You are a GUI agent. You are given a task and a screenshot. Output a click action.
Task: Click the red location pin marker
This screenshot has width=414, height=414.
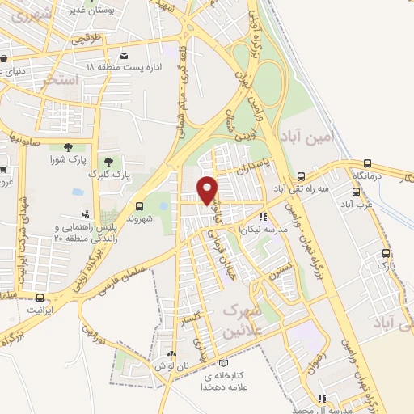208,189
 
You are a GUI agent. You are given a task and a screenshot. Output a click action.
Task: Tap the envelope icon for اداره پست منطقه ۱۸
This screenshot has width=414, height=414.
124,56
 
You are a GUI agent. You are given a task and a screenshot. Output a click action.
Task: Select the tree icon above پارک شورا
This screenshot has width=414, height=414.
66,146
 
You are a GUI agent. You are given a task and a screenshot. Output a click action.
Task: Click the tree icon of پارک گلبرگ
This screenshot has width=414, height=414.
108,163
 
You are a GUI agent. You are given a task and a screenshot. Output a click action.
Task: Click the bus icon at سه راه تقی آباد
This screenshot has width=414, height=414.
302,176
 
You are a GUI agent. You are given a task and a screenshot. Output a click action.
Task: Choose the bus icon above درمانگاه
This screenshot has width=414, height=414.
368,163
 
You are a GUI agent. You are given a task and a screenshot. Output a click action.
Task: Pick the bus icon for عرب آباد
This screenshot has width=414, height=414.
356,192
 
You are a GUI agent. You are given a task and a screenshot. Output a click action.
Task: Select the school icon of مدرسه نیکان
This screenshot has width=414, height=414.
263,217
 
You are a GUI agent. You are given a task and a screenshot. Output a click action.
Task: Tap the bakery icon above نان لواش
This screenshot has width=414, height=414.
171,354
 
